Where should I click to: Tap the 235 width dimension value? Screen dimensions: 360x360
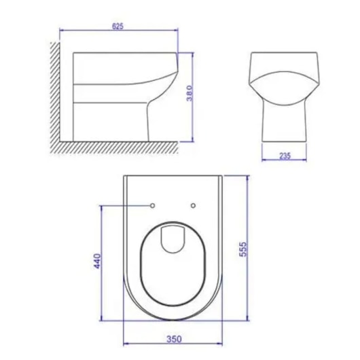(x=285, y=155)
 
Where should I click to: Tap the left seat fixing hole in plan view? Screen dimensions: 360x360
(x=152, y=204)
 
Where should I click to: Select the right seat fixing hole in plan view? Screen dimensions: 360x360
(x=194, y=204)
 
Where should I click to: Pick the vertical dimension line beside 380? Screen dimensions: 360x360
(x=194, y=68)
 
